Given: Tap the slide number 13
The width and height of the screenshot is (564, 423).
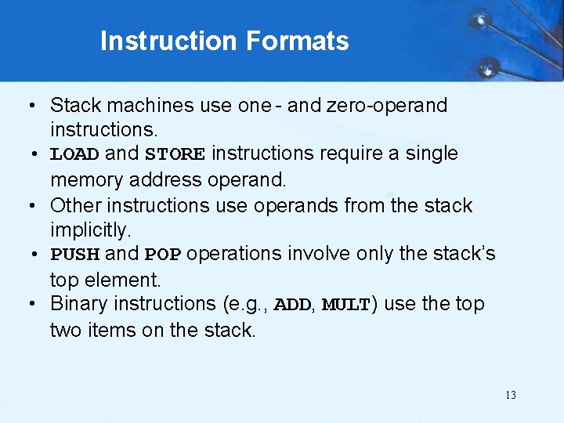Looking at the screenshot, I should pyautogui.click(x=511, y=395).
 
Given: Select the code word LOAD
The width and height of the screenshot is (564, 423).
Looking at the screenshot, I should pyautogui.click(x=74, y=154).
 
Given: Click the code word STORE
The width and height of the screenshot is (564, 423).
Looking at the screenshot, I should pyautogui.click(x=175, y=154).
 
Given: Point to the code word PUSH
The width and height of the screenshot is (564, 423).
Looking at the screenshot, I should pyautogui.click(x=74, y=255).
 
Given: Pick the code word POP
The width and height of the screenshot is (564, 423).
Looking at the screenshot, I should pyautogui.click(x=163, y=255).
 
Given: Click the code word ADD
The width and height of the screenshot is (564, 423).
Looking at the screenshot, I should pyautogui.click(x=293, y=305).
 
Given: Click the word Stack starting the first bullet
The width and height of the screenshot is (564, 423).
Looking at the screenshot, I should pyautogui.click(x=73, y=105).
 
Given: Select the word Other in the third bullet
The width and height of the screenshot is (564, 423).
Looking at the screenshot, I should pyautogui.click(x=75, y=205).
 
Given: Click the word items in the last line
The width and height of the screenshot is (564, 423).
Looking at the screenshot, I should pyautogui.click(x=113, y=330).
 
